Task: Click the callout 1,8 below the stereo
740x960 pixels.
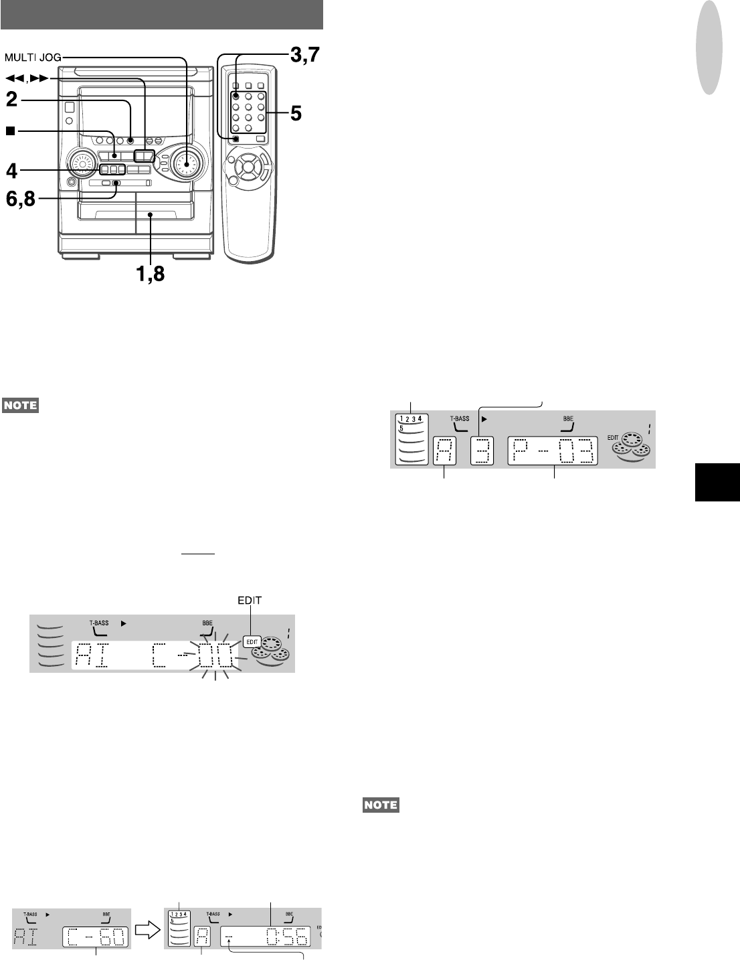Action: coord(153,273)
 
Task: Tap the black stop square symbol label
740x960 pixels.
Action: coord(10,131)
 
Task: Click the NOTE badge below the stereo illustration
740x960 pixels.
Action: coord(20,405)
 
